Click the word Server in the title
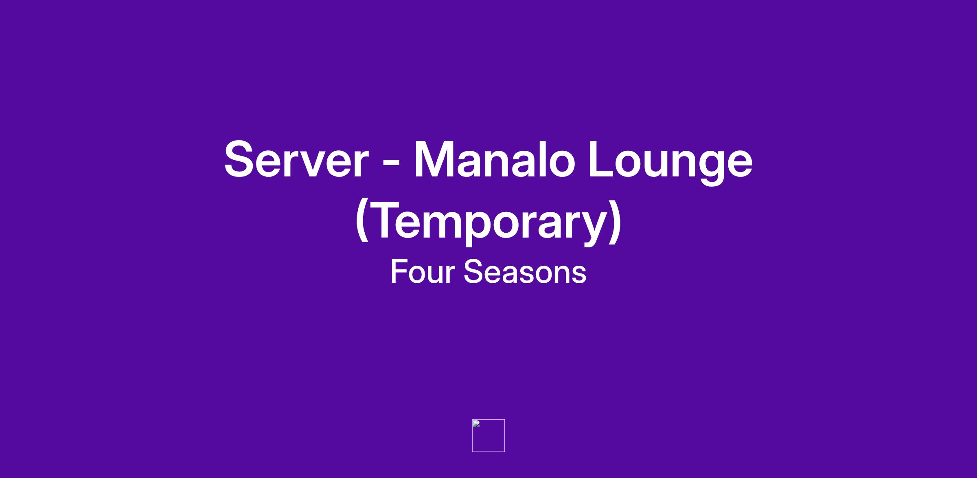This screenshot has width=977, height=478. point(296,159)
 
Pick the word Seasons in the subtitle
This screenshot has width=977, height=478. point(525,272)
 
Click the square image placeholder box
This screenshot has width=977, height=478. point(488,436)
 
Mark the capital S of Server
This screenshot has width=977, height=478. point(242,159)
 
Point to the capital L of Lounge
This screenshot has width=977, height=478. point(603,159)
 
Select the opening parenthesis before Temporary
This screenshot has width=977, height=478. point(361,222)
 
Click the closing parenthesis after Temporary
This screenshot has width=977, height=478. point(615,222)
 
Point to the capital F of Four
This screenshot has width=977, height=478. point(400,271)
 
